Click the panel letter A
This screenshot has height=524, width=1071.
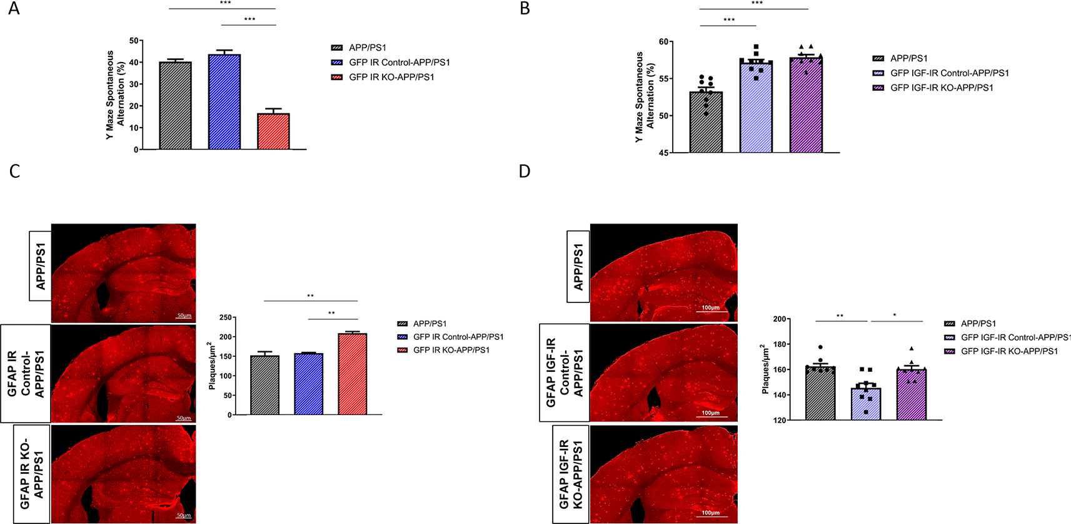tap(14, 9)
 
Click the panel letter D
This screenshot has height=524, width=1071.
tap(525, 171)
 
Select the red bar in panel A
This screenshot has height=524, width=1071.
tap(274, 131)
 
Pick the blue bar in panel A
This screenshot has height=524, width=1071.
tap(224, 102)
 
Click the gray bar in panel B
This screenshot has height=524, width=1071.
tap(706, 122)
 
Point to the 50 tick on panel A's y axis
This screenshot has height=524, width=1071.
tap(134, 41)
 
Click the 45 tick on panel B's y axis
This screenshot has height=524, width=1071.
tap(663, 153)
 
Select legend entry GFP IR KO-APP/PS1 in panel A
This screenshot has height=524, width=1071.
tap(391, 77)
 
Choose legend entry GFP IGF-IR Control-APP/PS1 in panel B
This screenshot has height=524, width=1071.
tap(949, 73)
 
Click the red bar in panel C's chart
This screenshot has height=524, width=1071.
tap(353, 374)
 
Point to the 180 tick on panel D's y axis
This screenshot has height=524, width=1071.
tap(780, 344)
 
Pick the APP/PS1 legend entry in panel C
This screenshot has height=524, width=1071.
tap(430, 324)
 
